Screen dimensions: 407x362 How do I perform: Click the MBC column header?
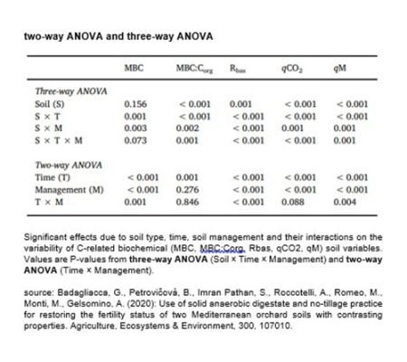pos(134,68)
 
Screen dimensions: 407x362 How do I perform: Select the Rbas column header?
pos(239,68)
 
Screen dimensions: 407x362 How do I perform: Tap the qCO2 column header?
pos(291,68)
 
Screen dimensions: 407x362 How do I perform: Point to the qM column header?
pos(340,68)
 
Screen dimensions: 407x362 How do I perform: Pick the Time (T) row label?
pos(55,177)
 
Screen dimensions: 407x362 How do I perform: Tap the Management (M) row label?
pos(67,190)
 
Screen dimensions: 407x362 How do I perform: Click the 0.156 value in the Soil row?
pos(135,104)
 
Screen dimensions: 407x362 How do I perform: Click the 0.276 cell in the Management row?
pos(187,190)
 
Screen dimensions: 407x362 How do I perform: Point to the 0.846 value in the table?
pos(187,203)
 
